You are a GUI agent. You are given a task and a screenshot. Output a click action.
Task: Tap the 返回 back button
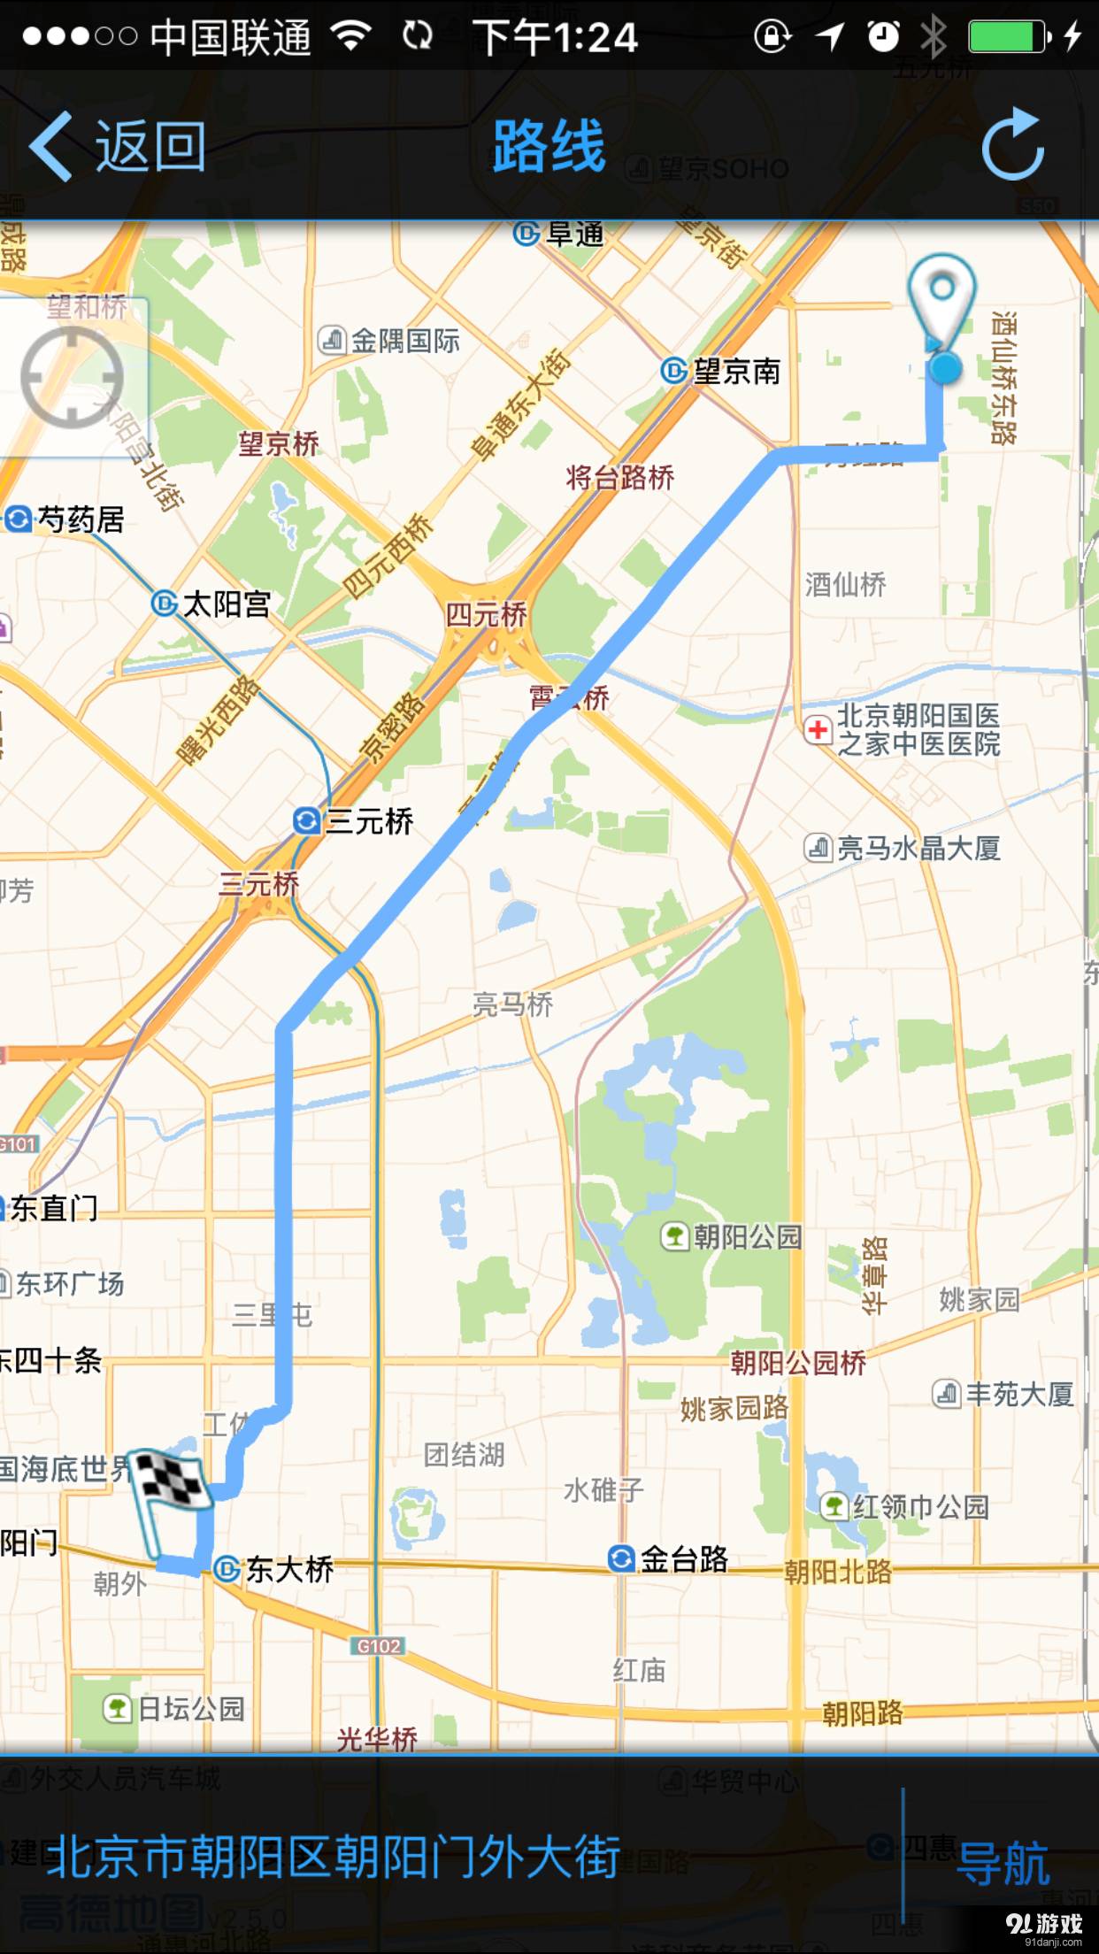[118, 146]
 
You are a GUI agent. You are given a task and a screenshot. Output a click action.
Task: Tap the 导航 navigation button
[1003, 1862]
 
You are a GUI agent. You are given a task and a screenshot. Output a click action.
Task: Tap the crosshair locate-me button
[72, 378]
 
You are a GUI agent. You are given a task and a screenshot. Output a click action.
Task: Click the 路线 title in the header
[549, 146]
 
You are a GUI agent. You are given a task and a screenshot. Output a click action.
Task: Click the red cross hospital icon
[818, 730]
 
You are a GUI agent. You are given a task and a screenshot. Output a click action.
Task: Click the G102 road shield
[379, 1646]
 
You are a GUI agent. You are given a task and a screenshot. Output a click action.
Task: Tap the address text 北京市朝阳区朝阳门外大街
[334, 1857]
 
